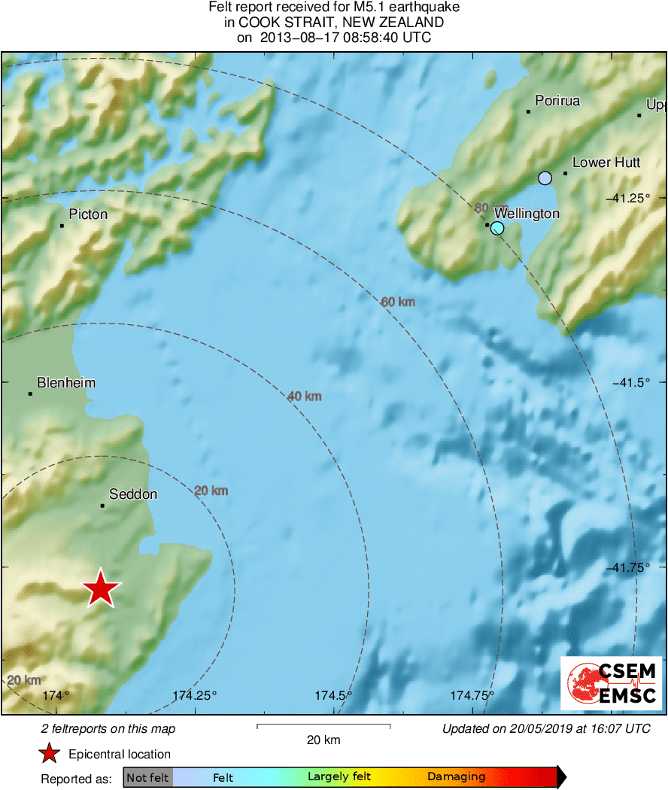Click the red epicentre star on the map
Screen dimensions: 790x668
coord(100,588)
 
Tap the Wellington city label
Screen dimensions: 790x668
coord(527,214)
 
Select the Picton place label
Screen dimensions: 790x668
coord(88,214)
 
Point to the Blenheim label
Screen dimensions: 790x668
coord(66,383)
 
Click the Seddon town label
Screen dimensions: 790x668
coord(133,494)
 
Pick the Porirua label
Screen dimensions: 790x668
coord(557,101)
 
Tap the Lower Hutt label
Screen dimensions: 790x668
coord(606,163)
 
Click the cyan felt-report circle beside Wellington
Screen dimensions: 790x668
coord(497,228)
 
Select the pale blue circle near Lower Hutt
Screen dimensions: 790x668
coord(545,178)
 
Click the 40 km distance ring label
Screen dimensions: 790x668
coord(305,396)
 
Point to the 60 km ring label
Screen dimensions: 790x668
coord(398,302)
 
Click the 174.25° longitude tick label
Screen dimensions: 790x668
coord(194,695)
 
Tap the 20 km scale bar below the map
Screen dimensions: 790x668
coord(323,726)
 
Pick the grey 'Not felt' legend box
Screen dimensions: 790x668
coord(147,777)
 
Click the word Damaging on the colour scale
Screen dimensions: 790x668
coord(456,777)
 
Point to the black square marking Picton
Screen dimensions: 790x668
coord(62,226)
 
